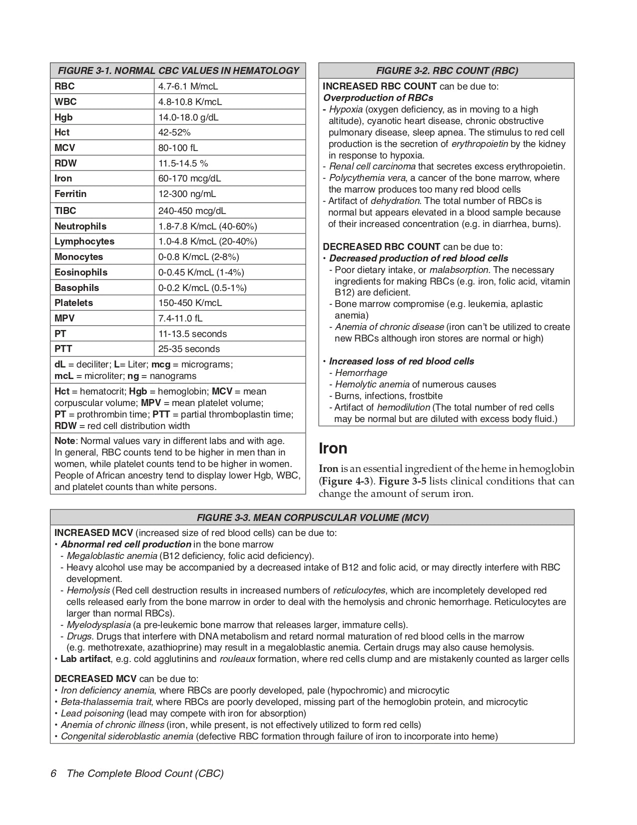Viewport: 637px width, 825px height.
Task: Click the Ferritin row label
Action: tap(70, 194)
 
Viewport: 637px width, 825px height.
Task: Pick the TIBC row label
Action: tap(65, 211)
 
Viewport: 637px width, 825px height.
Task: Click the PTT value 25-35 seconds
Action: tap(189, 349)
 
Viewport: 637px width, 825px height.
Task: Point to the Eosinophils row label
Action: tap(81, 272)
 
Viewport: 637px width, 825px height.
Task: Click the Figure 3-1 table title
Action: tap(178, 70)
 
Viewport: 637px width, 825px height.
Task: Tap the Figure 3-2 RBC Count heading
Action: tap(446, 70)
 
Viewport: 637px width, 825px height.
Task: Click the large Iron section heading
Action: tap(333, 448)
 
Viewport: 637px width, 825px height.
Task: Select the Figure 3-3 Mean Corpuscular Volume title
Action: tap(312, 517)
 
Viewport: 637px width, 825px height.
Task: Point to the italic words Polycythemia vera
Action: tap(367, 178)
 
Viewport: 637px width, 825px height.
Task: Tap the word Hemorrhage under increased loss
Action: tap(361, 373)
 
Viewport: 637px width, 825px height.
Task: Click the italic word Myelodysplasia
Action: tap(98, 625)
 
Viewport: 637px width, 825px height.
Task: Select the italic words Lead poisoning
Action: tap(92, 713)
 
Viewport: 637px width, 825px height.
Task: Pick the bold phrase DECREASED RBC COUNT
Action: tap(382, 247)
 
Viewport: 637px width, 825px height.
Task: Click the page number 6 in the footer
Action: tap(53, 773)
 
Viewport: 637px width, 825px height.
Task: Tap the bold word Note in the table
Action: tap(64, 441)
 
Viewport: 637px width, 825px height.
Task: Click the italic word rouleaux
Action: tap(237, 659)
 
